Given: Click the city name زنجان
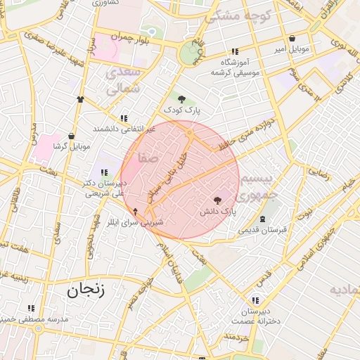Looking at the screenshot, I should pos(86,289).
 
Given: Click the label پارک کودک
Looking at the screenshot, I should pos(182,110).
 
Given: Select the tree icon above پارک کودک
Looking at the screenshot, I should pos(182,99).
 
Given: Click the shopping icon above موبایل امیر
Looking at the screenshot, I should pos(292,39).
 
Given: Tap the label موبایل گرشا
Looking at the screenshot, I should pos(72,147).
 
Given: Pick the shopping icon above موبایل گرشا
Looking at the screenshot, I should pos(71,136).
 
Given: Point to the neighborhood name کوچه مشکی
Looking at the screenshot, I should pos(233,15).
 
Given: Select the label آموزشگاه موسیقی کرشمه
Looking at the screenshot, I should pos(235,67).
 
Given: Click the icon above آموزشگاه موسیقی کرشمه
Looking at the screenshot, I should pos(234,51).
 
